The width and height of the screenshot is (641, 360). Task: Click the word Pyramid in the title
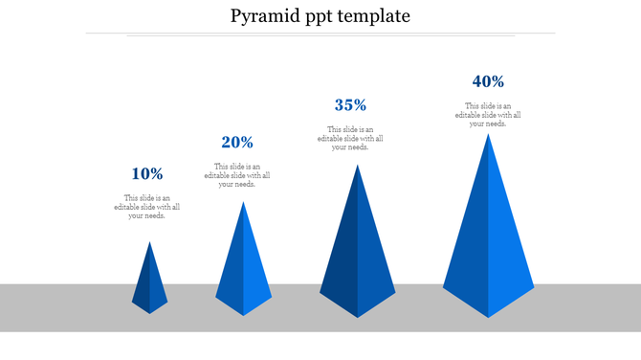click(265, 16)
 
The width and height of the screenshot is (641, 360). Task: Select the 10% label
click(146, 174)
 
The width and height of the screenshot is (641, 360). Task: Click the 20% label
click(237, 143)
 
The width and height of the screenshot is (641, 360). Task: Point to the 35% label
click(350, 105)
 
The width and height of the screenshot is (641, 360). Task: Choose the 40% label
click(488, 82)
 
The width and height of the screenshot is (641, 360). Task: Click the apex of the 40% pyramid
click(489, 134)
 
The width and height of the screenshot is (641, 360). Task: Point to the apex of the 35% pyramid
click(358, 165)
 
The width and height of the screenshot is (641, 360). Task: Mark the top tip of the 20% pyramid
click(243, 202)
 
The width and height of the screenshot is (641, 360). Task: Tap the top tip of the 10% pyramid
click(149, 242)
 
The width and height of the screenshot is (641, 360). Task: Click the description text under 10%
click(146, 207)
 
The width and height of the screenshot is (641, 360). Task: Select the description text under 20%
click(236, 175)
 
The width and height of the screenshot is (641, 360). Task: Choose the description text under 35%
click(350, 139)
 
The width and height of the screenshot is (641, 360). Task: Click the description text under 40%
click(488, 115)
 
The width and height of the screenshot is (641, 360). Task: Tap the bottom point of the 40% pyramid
click(489, 317)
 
